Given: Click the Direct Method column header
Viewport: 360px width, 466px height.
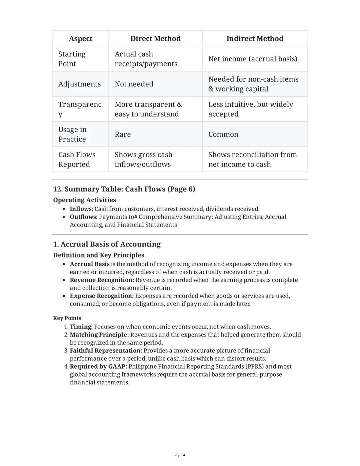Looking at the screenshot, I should click(155, 39).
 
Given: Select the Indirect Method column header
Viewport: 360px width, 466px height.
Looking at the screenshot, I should click(255, 39).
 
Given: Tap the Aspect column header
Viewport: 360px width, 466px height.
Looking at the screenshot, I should click(80, 39).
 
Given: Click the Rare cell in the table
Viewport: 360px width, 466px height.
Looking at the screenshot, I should click(123, 134).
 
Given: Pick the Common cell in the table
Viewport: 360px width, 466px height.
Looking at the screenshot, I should click(223, 134).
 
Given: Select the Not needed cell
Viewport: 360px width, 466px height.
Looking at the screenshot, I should click(134, 84).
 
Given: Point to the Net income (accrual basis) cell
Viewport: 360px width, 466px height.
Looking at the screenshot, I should click(252, 59).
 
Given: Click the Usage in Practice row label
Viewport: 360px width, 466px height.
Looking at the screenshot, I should click(72, 134).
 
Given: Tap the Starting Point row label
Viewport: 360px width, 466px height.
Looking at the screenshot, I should click(72, 59).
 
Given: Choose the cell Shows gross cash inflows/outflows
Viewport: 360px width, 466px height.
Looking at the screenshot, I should click(143, 159).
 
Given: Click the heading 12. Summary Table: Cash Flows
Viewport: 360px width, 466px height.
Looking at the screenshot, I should click(124, 189).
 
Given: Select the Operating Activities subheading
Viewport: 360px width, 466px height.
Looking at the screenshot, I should click(84, 200).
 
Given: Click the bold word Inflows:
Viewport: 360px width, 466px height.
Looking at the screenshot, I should click(81, 209).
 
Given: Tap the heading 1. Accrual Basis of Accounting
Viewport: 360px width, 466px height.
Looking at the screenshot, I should click(107, 244).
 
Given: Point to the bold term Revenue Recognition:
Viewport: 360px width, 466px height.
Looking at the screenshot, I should click(102, 280).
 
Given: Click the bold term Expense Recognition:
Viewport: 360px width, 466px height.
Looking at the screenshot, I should click(101, 296).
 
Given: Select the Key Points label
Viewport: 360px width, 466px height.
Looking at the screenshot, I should click(67, 318).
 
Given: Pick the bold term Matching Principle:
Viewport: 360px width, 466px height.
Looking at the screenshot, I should click(99, 335).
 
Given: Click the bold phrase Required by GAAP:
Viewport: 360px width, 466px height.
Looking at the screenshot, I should click(98, 367).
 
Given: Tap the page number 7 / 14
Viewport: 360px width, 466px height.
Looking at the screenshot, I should click(180, 455).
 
